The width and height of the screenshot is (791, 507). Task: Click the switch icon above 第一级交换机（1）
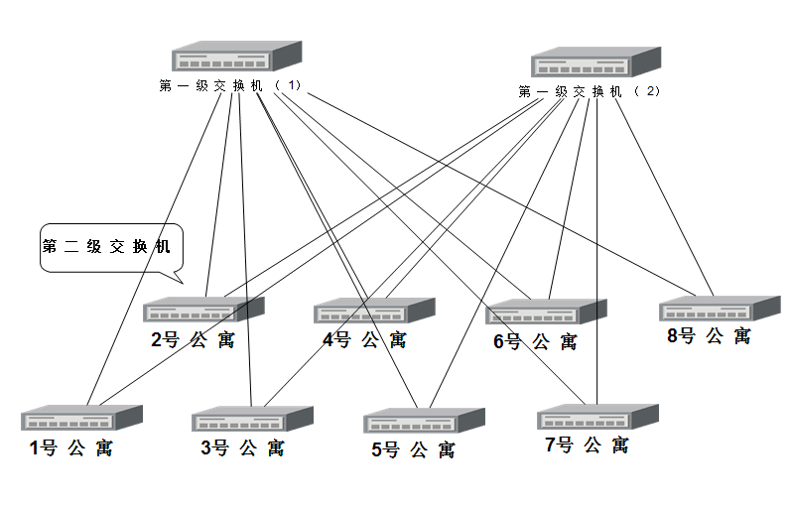(x=235, y=57)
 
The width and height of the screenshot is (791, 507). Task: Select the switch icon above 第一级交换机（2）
(x=595, y=63)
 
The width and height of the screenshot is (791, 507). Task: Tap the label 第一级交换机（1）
(x=229, y=85)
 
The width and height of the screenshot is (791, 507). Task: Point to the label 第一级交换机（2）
(x=589, y=91)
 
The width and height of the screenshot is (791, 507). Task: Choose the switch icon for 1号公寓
(x=82, y=418)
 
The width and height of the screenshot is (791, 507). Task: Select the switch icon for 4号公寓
(x=375, y=312)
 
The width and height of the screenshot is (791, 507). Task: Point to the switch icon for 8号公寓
(x=720, y=309)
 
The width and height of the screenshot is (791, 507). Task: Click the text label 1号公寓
(x=70, y=448)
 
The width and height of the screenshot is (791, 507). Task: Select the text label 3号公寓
(x=242, y=448)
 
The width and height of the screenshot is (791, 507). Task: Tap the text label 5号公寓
(x=413, y=450)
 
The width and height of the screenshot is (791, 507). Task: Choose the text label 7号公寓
(x=587, y=445)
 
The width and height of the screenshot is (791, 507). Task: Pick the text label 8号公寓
(x=709, y=336)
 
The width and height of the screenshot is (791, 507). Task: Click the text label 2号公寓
(x=193, y=340)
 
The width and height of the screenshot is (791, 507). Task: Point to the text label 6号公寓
(x=535, y=342)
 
